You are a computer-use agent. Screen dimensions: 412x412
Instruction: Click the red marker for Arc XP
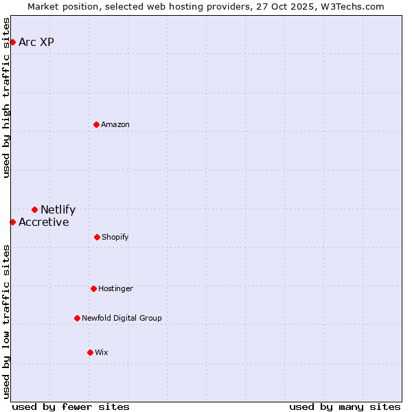coord(12,43)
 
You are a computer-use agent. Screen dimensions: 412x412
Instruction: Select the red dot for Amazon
coord(97,124)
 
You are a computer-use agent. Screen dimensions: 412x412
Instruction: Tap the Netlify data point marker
coord(34,209)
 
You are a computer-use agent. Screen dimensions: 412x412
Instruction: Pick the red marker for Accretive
coord(12,222)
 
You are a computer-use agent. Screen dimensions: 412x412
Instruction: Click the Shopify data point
coord(97,237)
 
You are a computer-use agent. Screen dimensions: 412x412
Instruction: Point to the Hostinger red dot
coord(93,288)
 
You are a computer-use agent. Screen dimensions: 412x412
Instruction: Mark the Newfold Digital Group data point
coord(77,318)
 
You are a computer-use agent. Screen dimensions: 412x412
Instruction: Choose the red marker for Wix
coord(90,352)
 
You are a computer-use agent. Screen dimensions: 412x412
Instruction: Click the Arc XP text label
coord(36,43)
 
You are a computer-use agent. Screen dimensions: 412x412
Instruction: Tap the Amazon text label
coord(115,124)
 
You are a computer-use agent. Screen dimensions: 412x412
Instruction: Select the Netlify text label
coord(58,210)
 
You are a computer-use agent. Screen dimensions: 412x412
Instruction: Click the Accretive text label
coord(44,222)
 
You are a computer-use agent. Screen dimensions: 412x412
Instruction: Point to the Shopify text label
coord(115,237)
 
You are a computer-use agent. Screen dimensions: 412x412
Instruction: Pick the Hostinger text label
coord(115,288)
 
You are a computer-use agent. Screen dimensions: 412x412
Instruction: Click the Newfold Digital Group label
coord(122,318)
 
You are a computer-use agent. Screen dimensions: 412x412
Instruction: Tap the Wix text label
coord(102,352)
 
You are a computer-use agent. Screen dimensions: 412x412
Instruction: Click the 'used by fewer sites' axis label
coord(71,407)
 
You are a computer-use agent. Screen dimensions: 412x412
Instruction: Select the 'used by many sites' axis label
coord(345,407)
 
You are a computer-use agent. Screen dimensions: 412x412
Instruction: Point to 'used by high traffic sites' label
coord(7,98)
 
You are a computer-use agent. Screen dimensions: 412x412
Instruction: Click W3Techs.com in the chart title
coord(352,6)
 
